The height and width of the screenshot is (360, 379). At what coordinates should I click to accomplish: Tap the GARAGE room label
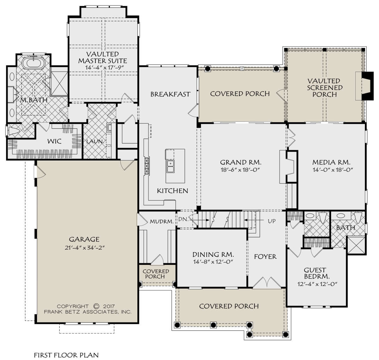pyautogui.click(x=84, y=239)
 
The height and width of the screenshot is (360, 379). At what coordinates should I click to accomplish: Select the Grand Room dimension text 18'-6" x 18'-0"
pyautogui.click(x=241, y=170)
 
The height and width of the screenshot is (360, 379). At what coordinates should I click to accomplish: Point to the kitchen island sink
pyautogui.click(x=170, y=166)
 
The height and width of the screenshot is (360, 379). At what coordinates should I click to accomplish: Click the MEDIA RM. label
pyautogui.click(x=331, y=162)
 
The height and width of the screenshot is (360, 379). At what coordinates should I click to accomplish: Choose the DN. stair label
pyautogui.click(x=183, y=219)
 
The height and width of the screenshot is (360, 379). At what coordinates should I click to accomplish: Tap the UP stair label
pyautogui.click(x=272, y=221)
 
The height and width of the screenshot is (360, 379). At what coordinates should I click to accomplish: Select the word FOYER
pyautogui.click(x=265, y=257)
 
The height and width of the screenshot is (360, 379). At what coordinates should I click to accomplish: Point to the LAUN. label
pyautogui.click(x=95, y=141)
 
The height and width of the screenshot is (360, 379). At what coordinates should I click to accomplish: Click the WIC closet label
pyautogui.click(x=54, y=141)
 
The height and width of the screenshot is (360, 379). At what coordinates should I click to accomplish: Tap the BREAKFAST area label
pyautogui.click(x=170, y=94)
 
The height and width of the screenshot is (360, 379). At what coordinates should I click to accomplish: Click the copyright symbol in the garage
pyautogui.click(x=96, y=306)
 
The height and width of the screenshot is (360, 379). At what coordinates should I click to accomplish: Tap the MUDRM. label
pyautogui.click(x=162, y=222)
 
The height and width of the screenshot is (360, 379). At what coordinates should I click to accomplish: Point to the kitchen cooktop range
pyautogui.click(x=147, y=166)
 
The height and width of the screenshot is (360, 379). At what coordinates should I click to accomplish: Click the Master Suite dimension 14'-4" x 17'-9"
pyautogui.click(x=104, y=68)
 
